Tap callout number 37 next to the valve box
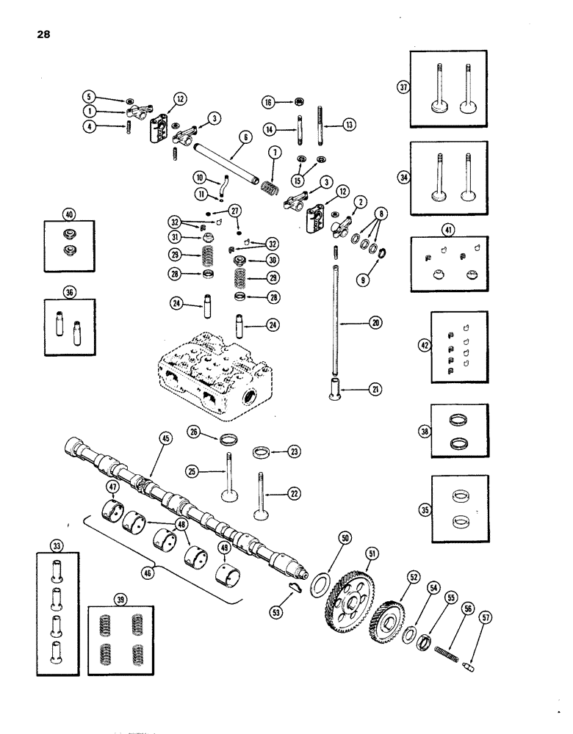coord(403,87)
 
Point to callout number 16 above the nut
coord(269,103)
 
